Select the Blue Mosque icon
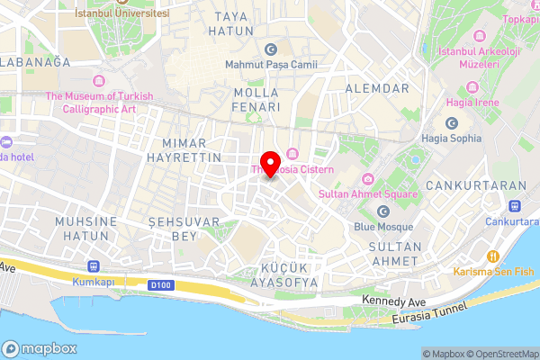383,211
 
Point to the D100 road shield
160,284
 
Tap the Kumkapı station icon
94,266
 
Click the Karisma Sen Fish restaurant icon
492,254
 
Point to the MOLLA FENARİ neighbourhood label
257,99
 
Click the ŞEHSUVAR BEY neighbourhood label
171,229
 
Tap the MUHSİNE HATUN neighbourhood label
85,229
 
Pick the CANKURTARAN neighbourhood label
488,185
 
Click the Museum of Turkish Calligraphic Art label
100,103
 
